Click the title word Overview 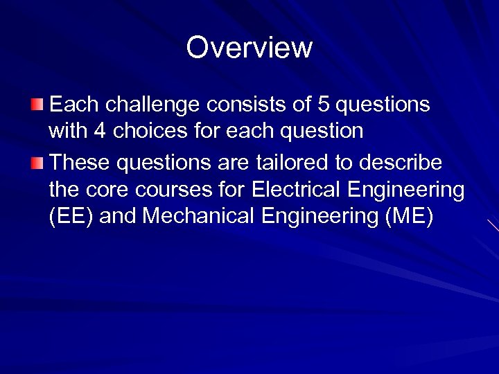(249, 48)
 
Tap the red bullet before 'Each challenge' (36, 105)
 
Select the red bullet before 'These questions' (36, 163)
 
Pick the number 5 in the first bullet (323, 105)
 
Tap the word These (80, 163)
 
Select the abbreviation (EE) (71, 216)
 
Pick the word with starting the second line (67, 130)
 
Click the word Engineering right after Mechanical (322, 216)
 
